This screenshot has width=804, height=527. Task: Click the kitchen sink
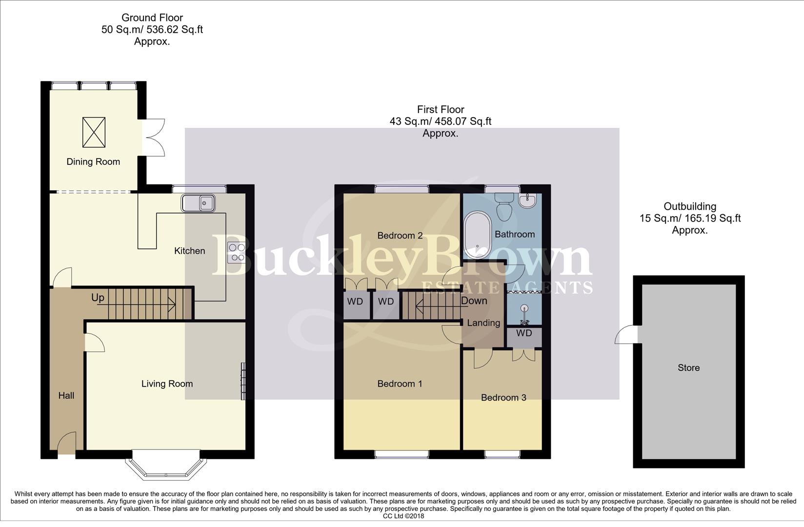click(x=199, y=203)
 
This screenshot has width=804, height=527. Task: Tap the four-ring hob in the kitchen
click(x=237, y=252)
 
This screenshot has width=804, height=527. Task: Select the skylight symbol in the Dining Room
click(x=94, y=132)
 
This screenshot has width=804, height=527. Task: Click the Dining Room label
click(x=93, y=162)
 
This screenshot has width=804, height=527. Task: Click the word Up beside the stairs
click(x=98, y=298)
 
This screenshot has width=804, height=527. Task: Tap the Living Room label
click(x=167, y=384)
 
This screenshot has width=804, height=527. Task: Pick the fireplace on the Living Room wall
click(x=243, y=381)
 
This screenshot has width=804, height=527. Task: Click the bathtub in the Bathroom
click(x=477, y=234)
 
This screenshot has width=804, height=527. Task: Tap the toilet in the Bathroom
click(x=503, y=207)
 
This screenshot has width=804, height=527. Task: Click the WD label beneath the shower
click(x=524, y=333)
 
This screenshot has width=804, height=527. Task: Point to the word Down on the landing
click(x=474, y=301)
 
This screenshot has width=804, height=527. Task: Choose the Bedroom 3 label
click(x=503, y=398)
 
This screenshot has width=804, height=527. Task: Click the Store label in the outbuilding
click(x=688, y=368)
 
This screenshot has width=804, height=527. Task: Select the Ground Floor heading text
click(x=152, y=18)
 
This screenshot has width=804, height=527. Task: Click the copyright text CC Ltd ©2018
click(x=403, y=516)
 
